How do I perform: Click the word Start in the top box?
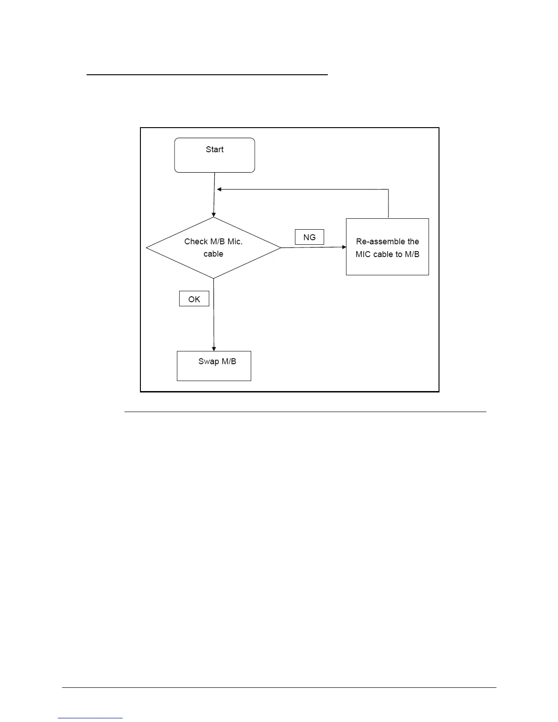point(214,150)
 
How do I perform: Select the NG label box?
point(309,237)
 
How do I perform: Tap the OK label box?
point(194,299)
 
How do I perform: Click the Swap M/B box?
point(214,366)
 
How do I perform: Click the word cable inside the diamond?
point(213,254)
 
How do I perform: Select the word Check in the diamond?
point(196,242)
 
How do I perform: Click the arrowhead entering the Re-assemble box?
point(344,247)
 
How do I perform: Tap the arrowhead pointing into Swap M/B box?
point(214,349)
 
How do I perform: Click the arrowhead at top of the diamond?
point(213,215)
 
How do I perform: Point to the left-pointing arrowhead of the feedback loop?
point(219,189)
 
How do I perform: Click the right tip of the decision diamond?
point(280,248)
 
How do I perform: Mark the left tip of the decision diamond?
point(146,248)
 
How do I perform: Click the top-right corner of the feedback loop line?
point(388,189)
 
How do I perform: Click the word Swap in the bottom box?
point(208,361)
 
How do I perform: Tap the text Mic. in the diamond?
point(235,242)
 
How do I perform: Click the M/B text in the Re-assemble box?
point(412,254)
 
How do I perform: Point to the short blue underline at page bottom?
point(90,718)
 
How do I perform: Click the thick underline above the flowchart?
point(207,74)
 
